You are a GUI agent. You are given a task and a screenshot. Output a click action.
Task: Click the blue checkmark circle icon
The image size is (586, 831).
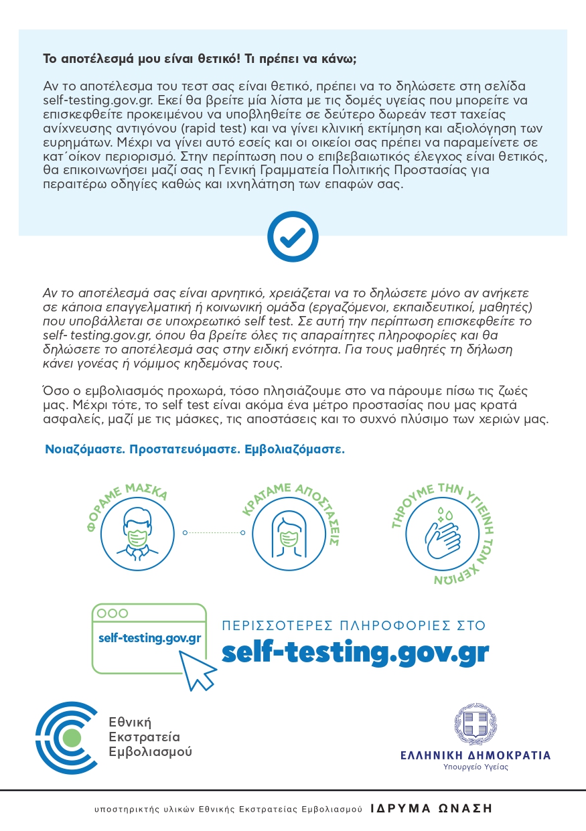pyautogui.click(x=293, y=236)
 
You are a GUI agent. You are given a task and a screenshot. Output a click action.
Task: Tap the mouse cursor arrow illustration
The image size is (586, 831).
pyautogui.click(x=199, y=669)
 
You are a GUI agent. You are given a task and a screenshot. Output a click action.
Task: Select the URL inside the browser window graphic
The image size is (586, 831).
pyautogui.click(x=149, y=637)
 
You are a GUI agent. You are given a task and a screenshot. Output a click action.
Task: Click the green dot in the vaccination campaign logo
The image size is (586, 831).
pyautogui.click(x=70, y=738)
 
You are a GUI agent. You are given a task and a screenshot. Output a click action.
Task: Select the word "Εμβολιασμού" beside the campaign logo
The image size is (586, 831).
pyautogui.click(x=150, y=752)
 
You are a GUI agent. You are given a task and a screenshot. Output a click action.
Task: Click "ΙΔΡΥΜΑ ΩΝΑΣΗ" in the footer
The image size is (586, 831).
pyautogui.click(x=431, y=808)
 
